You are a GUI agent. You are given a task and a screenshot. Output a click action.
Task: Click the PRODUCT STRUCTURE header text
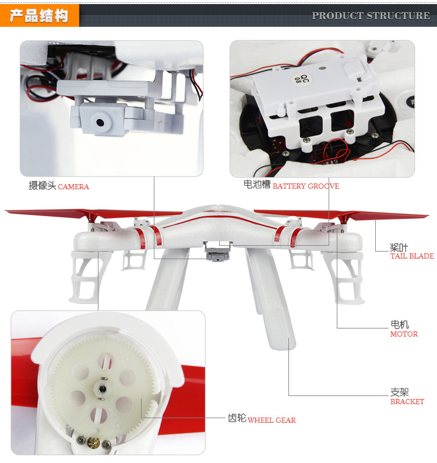click(371, 16)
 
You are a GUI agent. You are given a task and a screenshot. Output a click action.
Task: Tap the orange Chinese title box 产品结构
click(39, 16)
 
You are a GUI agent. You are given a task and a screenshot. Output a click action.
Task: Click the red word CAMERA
click(73, 186)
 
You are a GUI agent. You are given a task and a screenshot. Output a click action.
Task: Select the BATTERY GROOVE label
click(306, 186)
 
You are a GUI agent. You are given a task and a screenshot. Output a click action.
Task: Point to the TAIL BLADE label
click(412, 256)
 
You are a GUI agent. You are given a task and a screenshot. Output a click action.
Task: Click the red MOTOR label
click(404, 334)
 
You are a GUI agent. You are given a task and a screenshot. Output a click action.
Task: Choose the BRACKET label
click(407, 402)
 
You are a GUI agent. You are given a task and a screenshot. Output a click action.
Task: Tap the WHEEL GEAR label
click(272, 420)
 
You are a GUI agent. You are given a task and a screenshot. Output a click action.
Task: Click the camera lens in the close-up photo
click(100, 122)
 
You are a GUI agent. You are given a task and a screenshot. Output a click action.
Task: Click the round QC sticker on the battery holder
click(302, 79)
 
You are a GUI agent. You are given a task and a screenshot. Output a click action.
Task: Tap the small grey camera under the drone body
click(217, 256)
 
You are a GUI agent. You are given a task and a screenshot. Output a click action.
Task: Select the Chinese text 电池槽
click(257, 185)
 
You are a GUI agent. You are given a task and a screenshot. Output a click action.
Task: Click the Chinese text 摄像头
click(43, 185)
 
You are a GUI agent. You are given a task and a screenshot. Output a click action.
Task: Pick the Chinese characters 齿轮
click(237, 418)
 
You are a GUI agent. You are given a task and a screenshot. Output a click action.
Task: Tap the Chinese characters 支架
click(400, 392)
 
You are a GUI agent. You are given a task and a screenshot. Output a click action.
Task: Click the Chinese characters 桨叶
click(399, 247)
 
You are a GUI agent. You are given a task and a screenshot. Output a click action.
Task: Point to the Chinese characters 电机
click(400, 324)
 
